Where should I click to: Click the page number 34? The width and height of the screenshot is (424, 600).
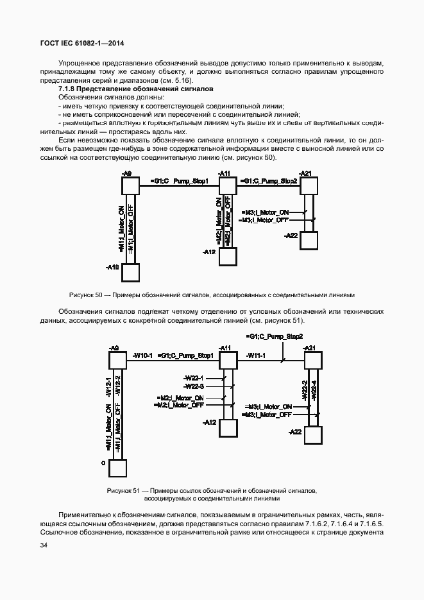44,545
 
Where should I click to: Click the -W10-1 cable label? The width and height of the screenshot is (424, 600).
142,355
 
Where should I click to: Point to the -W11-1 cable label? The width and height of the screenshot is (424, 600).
257,355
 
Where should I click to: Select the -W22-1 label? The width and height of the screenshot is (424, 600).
193,378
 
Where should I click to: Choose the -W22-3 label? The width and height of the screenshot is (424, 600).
193,386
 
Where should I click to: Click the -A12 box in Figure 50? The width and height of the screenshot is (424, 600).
228,256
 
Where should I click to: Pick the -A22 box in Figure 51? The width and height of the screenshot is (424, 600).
312,434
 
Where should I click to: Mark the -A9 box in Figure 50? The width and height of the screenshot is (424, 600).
130,185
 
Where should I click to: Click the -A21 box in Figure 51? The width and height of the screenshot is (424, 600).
312,359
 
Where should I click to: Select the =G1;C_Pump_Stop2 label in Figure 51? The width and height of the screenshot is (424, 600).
275,336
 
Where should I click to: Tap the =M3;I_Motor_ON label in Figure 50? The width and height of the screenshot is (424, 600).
265,212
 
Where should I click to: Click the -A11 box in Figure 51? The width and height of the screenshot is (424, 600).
228,359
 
